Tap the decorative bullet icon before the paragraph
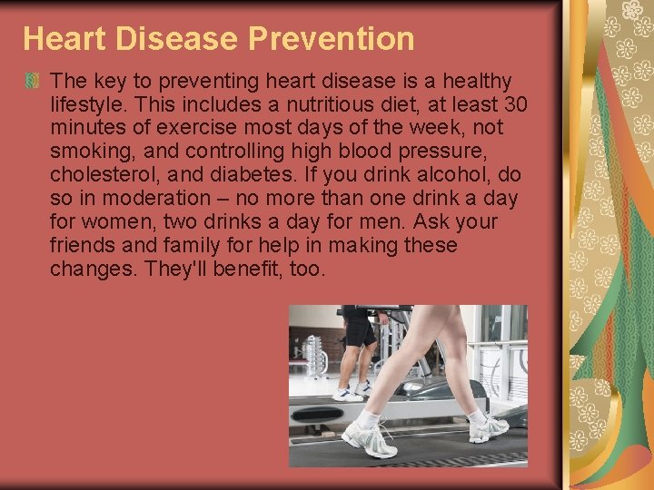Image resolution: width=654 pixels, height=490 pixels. (33, 82)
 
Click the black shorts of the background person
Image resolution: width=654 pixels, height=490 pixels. (359, 329)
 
